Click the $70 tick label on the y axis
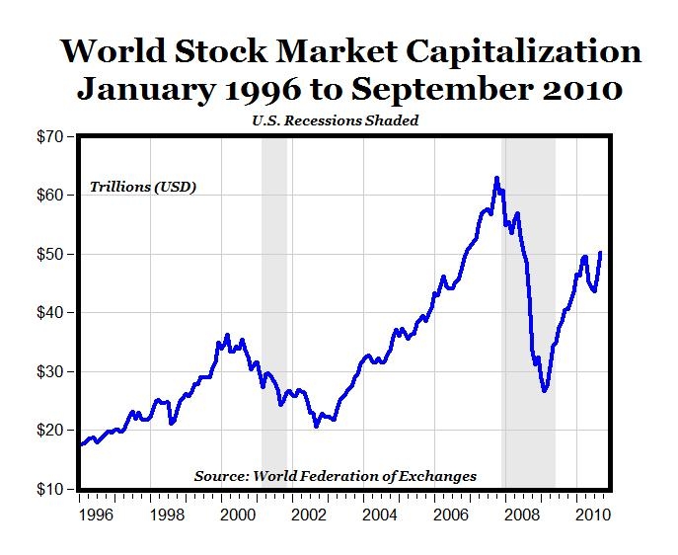pyautogui.click(x=51, y=136)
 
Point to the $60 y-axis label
pyautogui.click(x=51, y=196)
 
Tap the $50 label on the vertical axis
pyautogui.click(x=51, y=254)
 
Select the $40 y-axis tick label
pyautogui.click(x=51, y=313)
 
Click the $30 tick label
pyautogui.click(x=51, y=372)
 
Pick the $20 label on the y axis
pyautogui.click(x=51, y=431)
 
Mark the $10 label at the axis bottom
pyautogui.click(x=51, y=490)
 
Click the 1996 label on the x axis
pyautogui.click(x=97, y=515)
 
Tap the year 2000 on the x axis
pyautogui.click(x=237, y=515)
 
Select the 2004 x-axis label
pyautogui.click(x=379, y=515)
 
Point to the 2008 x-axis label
pyautogui.click(x=521, y=515)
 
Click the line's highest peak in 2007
pyautogui.click(x=496, y=179)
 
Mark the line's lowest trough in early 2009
pyautogui.click(x=544, y=391)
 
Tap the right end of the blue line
pyautogui.click(x=600, y=253)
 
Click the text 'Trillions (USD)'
pyautogui.click(x=143, y=187)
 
